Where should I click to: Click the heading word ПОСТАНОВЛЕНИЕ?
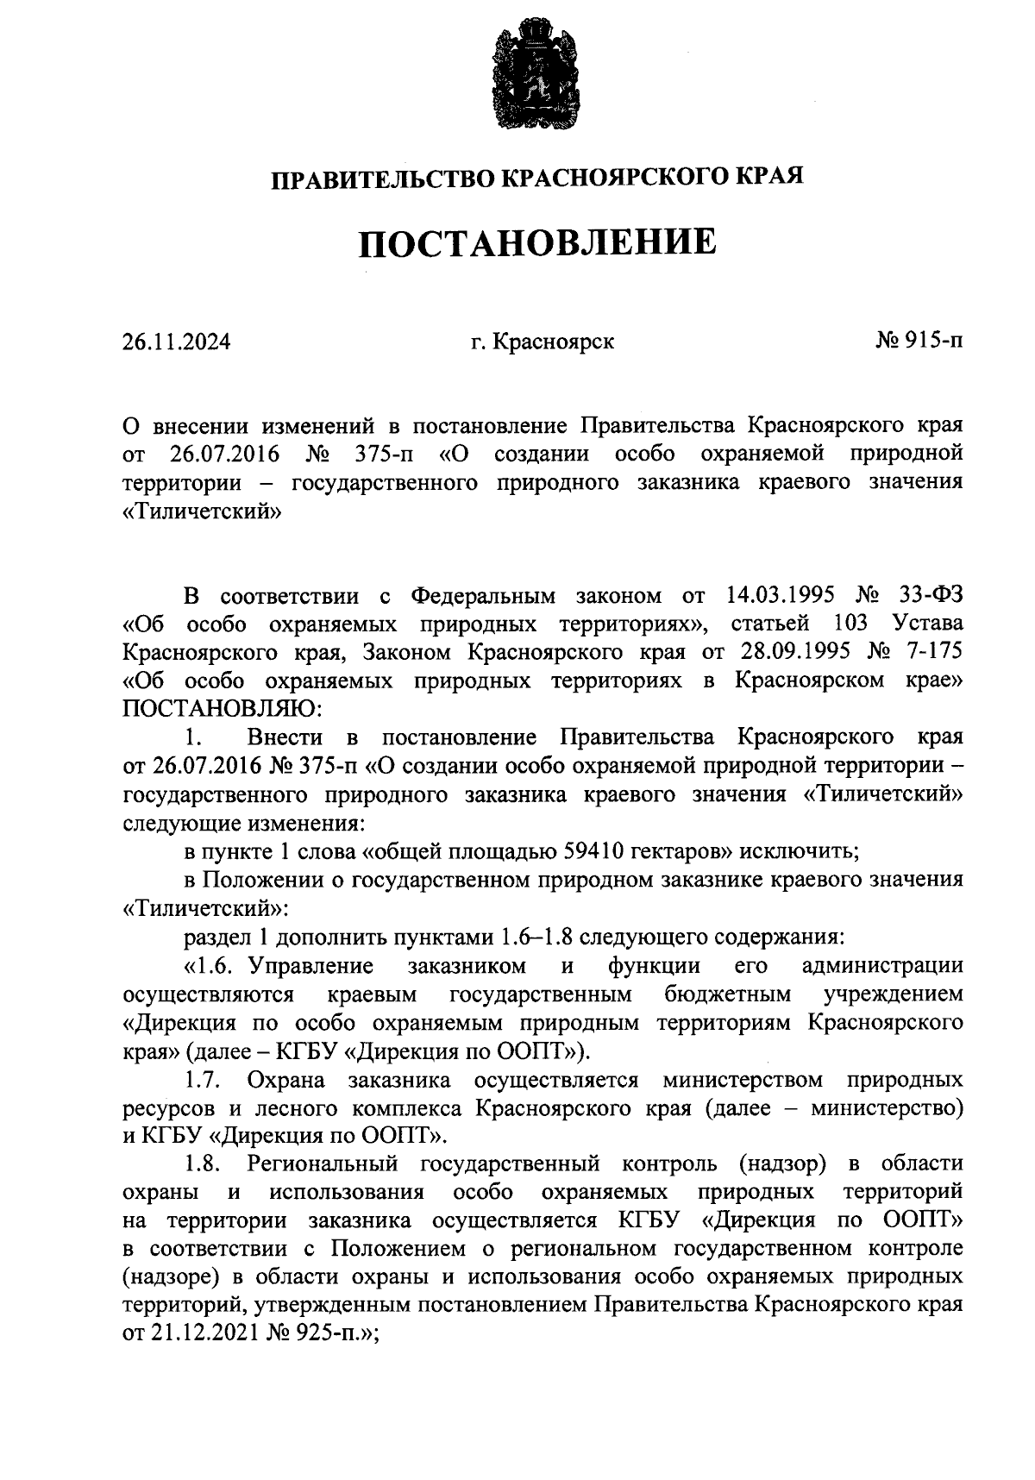(x=536, y=243)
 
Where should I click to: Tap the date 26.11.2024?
(x=177, y=342)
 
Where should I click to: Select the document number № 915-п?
(x=919, y=342)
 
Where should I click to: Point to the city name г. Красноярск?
(x=543, y=342)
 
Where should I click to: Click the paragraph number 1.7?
(x=204, y=1081)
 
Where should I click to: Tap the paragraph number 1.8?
(x=204, y=1165)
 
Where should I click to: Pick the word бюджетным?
(x=729, y=994)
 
